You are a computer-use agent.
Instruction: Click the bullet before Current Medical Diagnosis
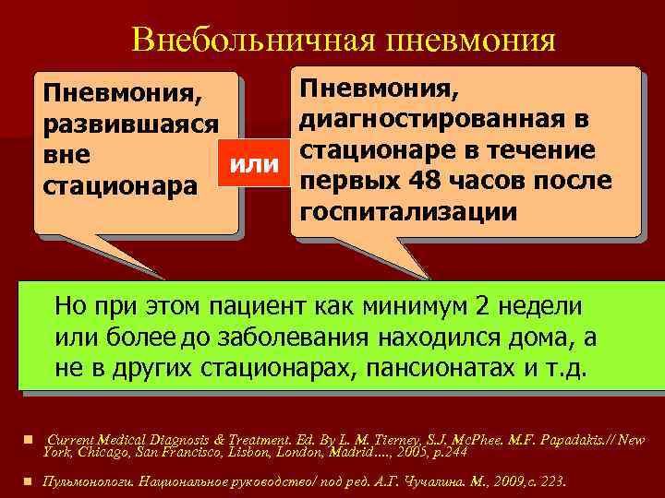tap(30, 439)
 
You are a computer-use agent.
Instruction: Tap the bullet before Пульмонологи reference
tap(30, 481)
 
